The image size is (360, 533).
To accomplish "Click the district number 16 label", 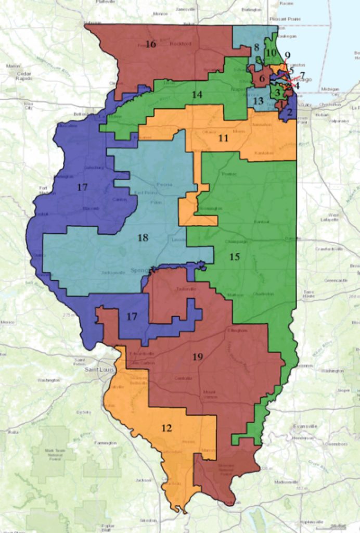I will (150, 44).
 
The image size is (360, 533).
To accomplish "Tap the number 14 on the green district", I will (196, 95).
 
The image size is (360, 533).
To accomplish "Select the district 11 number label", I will (223, 138).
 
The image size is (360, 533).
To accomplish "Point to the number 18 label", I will (143, 238).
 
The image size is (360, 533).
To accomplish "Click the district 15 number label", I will (234, 257).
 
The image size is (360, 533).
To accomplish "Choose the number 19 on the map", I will (197, 357).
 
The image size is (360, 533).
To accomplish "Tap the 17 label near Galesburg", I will (82, 186).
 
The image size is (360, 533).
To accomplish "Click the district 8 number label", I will (256, 48).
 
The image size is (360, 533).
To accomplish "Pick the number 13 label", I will (259, 100).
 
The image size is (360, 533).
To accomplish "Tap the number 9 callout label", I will (287, 56).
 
